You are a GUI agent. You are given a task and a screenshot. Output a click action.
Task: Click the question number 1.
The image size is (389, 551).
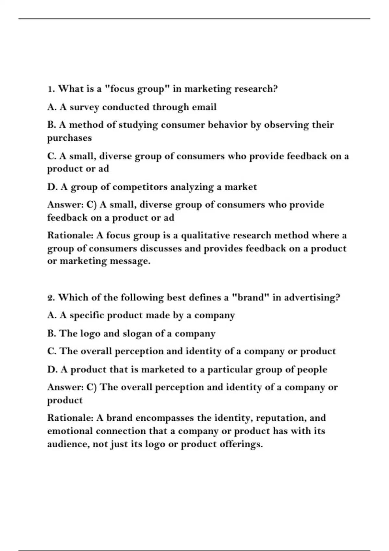click(51, 89)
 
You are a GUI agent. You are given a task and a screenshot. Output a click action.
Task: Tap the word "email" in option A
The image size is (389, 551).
click(204, 107)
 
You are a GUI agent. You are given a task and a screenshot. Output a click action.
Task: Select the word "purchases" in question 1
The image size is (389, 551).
click(69, 138)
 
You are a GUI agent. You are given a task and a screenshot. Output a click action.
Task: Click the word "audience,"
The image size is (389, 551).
click(68, 444)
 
